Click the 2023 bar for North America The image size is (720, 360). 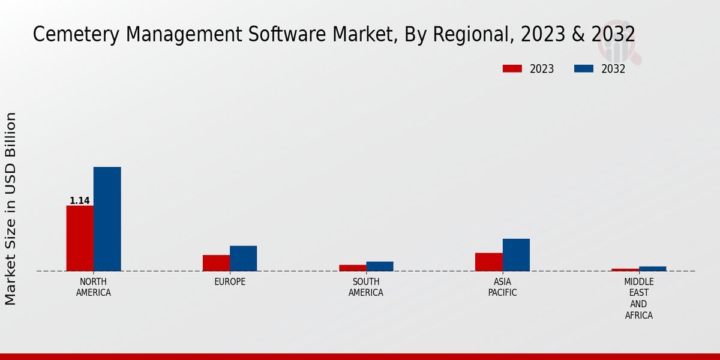point(80,238)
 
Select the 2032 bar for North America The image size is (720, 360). point(107,219)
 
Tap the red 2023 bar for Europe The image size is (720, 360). point(216,263)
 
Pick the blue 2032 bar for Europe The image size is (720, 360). point(243,258)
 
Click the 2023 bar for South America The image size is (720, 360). point(352,268)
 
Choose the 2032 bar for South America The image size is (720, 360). point(380,266)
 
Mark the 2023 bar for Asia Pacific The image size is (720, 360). point(488,262)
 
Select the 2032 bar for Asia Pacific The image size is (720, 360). point(516,254)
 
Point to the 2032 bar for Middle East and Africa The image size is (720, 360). point(652,268)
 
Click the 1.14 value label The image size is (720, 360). point(80,201)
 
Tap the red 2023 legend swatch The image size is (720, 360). point(512,68)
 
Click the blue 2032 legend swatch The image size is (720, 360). point(583,68)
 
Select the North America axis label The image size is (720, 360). point(94,287)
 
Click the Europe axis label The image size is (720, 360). point(230,282)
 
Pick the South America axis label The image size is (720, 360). point(366,287)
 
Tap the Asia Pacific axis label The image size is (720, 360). point(502,287)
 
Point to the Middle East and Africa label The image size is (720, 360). point(638,299)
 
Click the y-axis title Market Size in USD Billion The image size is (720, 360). point(11,208)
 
